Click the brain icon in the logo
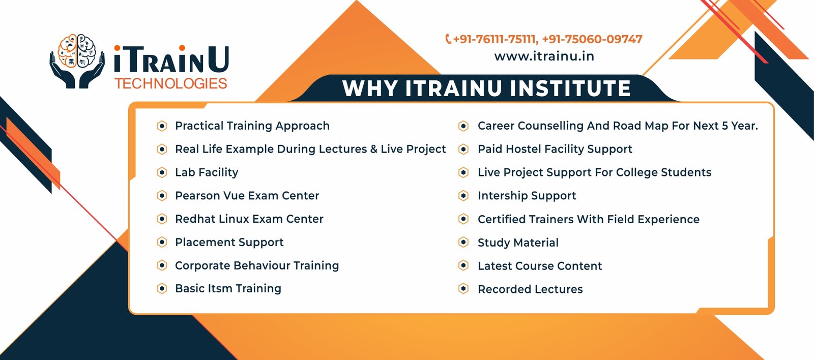click(77, 51)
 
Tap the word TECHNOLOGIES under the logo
click(171, 83)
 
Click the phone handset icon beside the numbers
click(448, 39)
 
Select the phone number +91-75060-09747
click(592, 39)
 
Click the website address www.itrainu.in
click(544, 56)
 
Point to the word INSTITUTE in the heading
click(570, 88)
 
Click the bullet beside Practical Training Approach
click(162, 126)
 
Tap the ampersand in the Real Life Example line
click(374, 149)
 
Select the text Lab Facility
click(207, 172)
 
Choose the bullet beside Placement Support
click(162, 243)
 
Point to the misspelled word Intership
click(501, 196)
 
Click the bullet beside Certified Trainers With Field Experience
click(463, 219)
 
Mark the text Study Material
click(518, 243)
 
